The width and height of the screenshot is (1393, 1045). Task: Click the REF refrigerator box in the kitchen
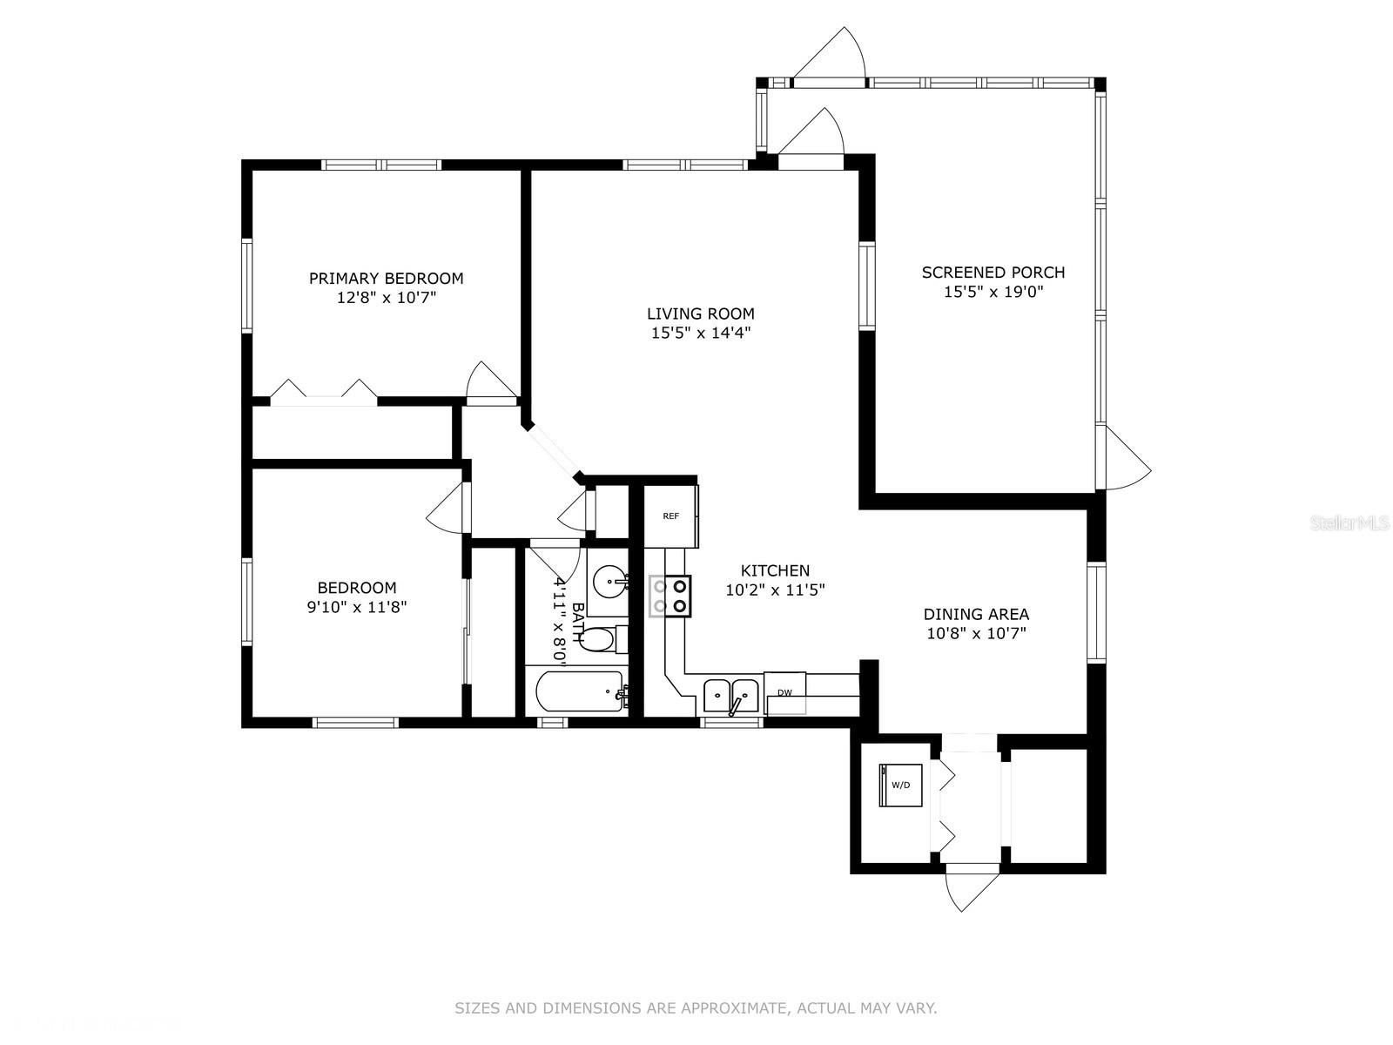point(671,516)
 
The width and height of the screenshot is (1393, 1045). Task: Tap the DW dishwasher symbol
point(785,692)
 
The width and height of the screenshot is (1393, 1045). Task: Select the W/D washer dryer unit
point(900,785)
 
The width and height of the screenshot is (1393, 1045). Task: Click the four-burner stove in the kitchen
point(670,596)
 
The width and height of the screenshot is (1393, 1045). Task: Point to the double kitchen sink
point(731,696)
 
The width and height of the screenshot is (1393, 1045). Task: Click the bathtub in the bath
point(580,691)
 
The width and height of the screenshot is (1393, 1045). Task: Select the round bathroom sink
point(611,581)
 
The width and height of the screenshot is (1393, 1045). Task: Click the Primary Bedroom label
point(386,278)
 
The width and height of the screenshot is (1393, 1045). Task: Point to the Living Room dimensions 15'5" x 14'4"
point(701,333)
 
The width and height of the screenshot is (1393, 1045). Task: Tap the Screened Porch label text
point(993,273)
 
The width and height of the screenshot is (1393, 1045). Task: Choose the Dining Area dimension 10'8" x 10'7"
point(976,633)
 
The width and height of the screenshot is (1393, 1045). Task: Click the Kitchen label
point(775,570)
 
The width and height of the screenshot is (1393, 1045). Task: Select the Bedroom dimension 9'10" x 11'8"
point(357,607)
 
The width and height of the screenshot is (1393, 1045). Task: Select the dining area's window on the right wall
point(1096,612)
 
